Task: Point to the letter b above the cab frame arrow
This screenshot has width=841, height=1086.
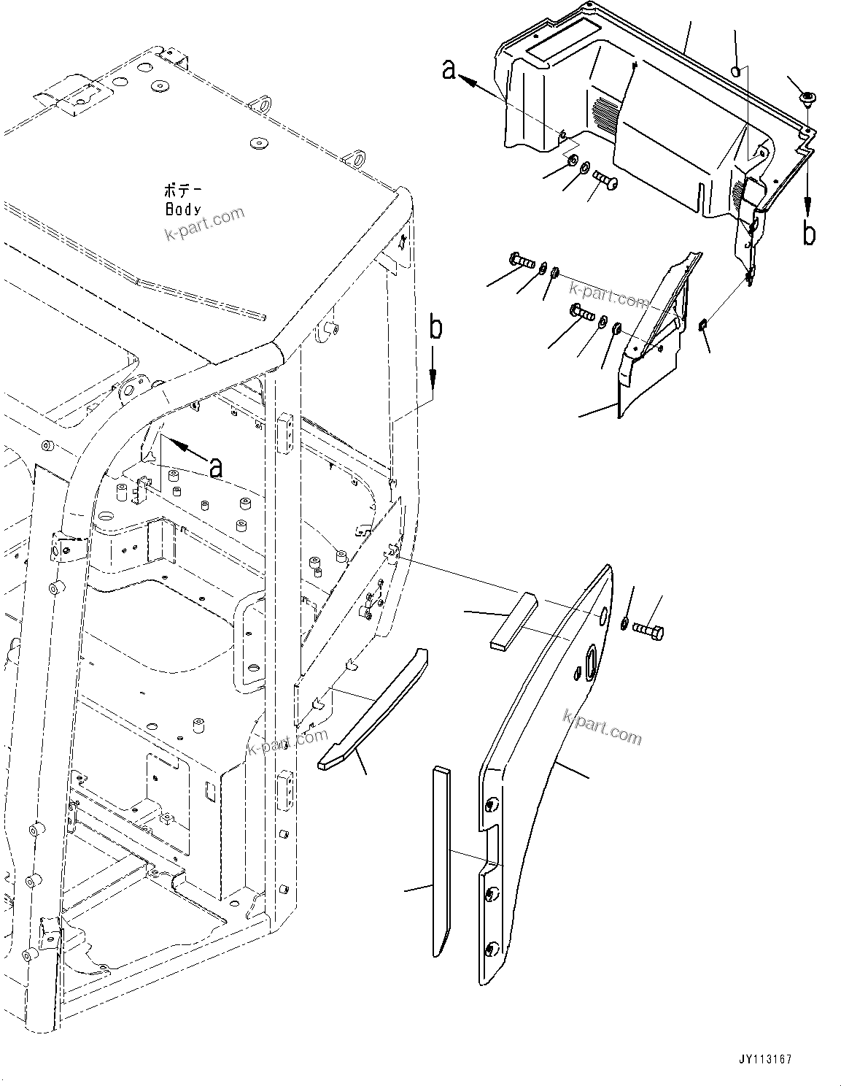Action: tap(435, 329)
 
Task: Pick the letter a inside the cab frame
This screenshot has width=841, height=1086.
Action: tap(215, 468)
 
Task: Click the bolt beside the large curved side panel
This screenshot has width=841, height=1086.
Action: tap(648, 628)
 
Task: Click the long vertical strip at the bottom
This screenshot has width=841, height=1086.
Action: tap(441, 860)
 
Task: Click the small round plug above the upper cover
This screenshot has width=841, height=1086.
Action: tap(737, 72)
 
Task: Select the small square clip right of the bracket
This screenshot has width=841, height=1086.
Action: tap(703, 326)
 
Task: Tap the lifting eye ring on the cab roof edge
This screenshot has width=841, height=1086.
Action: tap(357, 155)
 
